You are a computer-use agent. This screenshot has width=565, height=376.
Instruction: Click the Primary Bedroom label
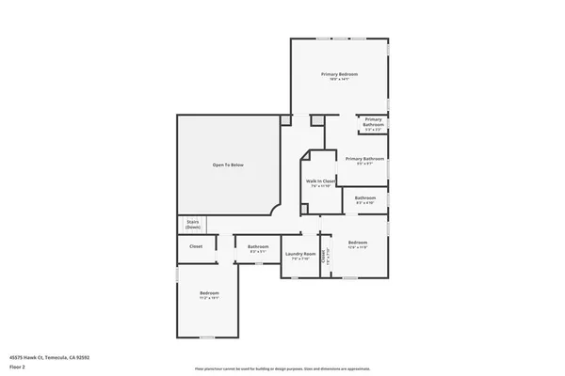click(x=339, y=73)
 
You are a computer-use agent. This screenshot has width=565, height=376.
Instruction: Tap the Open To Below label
click(x=228, y=165)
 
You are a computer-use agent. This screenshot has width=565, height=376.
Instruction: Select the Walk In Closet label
click(x=320, y=180)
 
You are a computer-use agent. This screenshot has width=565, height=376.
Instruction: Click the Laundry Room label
click(x=299, y=254)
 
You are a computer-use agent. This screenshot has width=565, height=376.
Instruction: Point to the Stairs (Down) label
click(x=193, y=225)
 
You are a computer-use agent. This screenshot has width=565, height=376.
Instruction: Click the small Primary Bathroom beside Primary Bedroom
click(x=373, y=121)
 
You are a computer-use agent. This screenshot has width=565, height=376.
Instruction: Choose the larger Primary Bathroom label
click(x=364, y=159)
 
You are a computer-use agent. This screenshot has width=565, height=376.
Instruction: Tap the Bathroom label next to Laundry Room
click(x=258, y=247)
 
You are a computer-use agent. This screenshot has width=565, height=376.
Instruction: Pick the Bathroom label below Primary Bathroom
click(x=364, y=197)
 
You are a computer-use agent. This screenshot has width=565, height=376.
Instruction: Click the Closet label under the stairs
click(x=196, y=246)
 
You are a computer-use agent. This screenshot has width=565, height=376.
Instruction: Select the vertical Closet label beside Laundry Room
click(x=323, y=256)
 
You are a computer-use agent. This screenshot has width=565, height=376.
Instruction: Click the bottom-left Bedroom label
click(x=209, y=294)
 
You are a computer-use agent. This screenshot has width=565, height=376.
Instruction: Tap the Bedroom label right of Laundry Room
click(x=357, y=243)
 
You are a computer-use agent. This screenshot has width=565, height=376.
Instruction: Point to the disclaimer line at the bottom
click(x=282, y=368)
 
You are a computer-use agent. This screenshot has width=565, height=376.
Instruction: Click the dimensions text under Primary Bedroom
click(x=339, y=79)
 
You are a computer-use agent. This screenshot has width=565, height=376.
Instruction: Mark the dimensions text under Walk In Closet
click(x=320, y=186)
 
